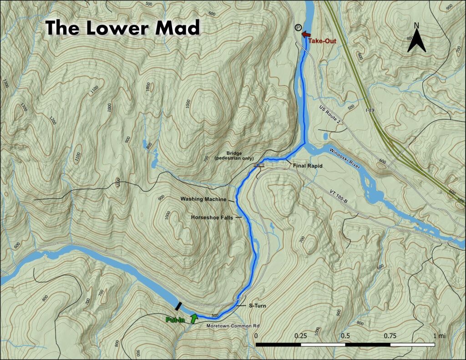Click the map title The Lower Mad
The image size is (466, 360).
point(123,28)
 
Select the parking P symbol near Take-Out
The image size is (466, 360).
point(298,28)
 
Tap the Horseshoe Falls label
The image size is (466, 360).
point(212,218)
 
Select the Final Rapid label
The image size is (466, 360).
point(307,166)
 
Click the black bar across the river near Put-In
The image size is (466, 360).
point(179,306)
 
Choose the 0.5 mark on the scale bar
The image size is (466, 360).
point(345,335)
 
